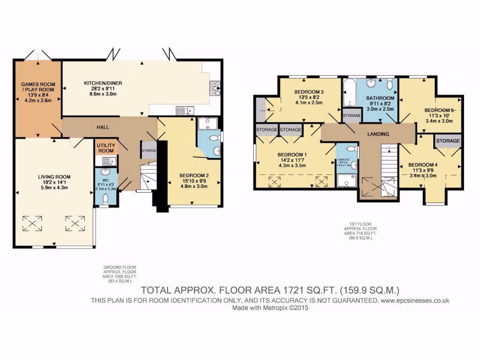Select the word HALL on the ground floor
(103, 127)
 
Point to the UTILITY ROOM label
(105, 148)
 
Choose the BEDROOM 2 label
(194, 176)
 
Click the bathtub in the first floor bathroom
(349, 94)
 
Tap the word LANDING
(378, 134)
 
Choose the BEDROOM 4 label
(423, 165)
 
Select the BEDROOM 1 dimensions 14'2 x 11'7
(292, 160)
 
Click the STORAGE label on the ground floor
(149, 150)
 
